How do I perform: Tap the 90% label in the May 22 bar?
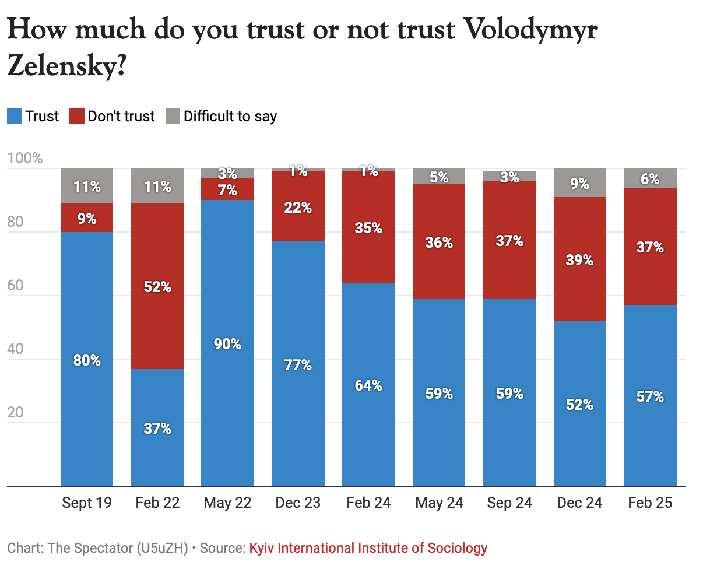(x=227, y=344)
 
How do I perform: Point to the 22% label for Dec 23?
(x=298, y=208)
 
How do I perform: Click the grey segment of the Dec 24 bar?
(x=579, y=183)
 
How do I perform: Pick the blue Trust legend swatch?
(x=14, y=116)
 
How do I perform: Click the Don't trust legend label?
(x=121, y=116)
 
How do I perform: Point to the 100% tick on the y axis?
(x=25, y=159)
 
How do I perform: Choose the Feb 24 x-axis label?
(x=368, y=503)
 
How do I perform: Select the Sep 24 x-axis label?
(x=509, y=503)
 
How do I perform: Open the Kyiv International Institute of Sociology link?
(x=368, y=548)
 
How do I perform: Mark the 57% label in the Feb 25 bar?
(x=650, y=396)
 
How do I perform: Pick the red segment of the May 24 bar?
(x=439, y=242)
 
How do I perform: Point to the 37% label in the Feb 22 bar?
(x=157, y=428)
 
